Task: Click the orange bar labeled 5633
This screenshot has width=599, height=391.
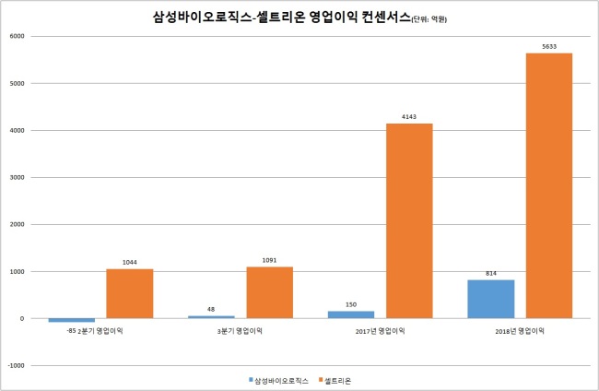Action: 549,185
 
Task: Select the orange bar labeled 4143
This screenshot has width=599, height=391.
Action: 409,221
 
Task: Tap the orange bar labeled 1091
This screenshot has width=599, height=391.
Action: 269,292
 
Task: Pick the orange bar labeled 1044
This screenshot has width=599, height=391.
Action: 130,293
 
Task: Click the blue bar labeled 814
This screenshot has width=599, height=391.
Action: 491,299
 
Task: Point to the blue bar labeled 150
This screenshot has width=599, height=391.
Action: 351,314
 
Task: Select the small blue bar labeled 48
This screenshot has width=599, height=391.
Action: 211,317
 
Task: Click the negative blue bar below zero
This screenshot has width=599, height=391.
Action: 72,320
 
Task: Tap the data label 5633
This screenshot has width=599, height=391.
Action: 549,47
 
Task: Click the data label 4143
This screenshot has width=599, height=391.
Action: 409,116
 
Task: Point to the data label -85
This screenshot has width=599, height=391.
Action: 72,331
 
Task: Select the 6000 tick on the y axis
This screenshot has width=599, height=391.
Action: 17,36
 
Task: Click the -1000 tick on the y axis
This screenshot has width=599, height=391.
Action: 16,365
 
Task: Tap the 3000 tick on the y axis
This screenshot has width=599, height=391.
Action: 17,177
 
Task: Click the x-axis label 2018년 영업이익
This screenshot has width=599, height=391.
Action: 520,331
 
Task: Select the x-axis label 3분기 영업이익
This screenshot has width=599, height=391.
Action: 240,331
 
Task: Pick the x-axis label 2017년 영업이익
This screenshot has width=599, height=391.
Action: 380,331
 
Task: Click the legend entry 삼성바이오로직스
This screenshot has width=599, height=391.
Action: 278,381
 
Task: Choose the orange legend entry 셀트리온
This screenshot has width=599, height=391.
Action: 335,381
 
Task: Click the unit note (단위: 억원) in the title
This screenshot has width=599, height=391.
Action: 429,19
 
